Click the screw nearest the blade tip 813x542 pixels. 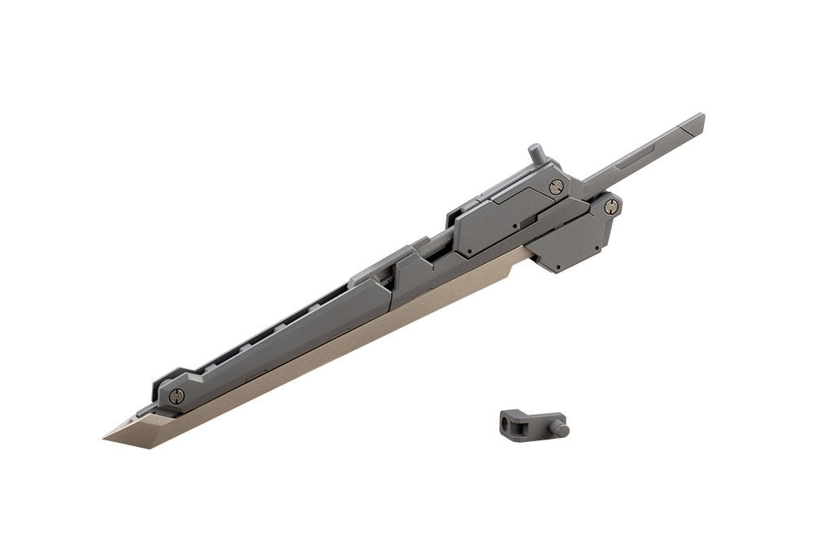click(176, 396)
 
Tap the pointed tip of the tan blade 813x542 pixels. click(106, 439)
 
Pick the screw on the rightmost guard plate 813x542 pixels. click(611, 206)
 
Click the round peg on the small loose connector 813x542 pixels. click(560, 427)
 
